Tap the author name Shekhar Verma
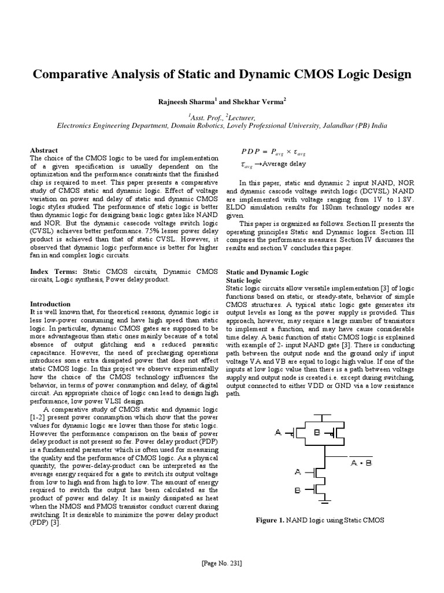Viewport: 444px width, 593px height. point(258,102)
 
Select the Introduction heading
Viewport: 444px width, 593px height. point(50,304)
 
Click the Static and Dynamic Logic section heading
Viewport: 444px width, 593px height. point(267,272)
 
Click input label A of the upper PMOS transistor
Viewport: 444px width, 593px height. point(279,432)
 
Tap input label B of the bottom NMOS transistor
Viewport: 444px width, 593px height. point(297,489)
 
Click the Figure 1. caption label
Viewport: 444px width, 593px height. point(275,520)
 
